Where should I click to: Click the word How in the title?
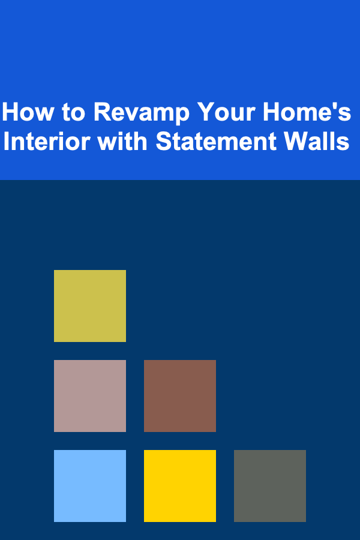[x=28, y=112]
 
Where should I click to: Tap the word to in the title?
[x=73, y=112]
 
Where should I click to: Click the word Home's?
[x=307, y=112]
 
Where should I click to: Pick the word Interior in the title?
[x=47, y=141]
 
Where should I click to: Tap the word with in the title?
[x=122, y=141]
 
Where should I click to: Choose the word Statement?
[x=216, y=141]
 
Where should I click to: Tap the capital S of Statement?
[x=164, y=141]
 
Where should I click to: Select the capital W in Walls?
[x=296, y=141]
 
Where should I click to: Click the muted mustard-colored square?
[x=90, y=306]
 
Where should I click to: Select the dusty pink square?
[x=90, y=396]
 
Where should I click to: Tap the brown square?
[x=180, y=396]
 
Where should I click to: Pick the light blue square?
[x=90, y=485]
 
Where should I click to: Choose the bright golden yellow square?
[x=180, y=485]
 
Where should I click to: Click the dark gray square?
[x=270, y=485]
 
